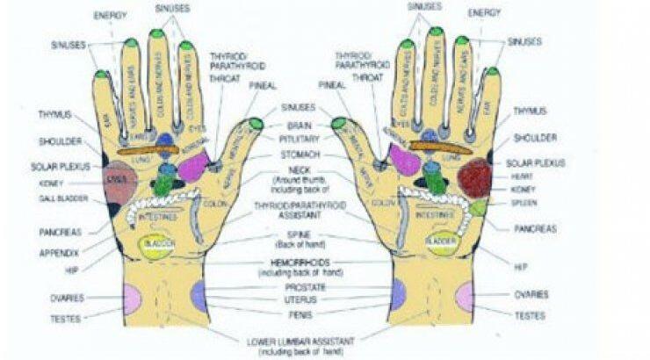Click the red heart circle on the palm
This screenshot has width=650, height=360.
tap(475, 176)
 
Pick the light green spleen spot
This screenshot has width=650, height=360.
tap(479, 208)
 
